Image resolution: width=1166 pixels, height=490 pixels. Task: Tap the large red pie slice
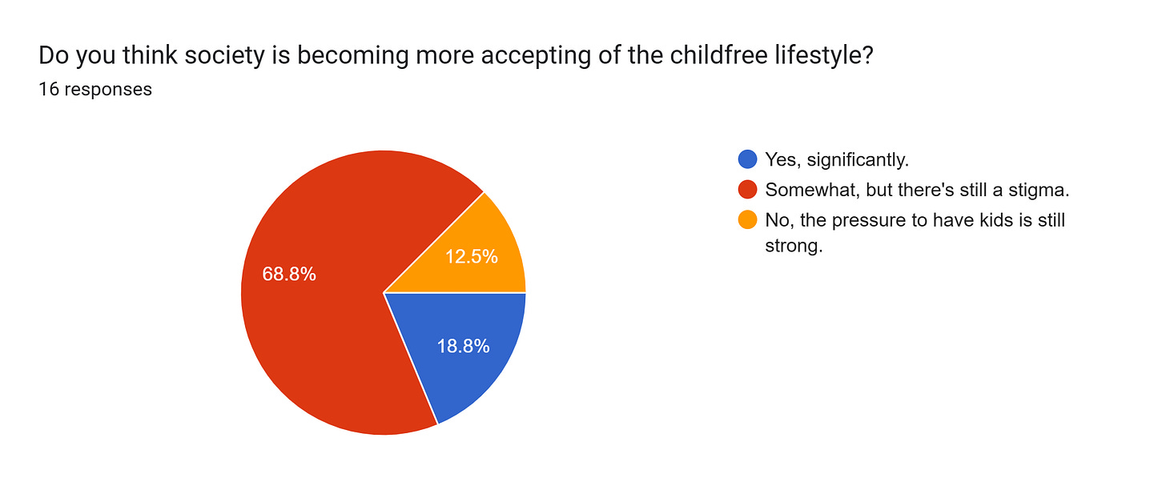[320, 320]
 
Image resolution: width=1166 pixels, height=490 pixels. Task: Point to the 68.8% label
[289, 274]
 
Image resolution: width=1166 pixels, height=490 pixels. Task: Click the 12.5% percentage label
[472, 256]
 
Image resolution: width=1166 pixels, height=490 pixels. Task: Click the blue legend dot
[747, 159]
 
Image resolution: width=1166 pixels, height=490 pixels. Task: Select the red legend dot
[747, 190]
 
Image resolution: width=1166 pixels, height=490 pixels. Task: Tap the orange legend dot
[747, 220]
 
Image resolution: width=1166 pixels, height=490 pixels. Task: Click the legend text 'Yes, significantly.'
[837, 159]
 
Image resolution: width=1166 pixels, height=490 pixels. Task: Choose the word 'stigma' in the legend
[1043, 191]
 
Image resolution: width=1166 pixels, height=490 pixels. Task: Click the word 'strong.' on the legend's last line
[794, 246]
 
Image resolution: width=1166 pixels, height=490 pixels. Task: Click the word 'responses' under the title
[107, 90]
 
